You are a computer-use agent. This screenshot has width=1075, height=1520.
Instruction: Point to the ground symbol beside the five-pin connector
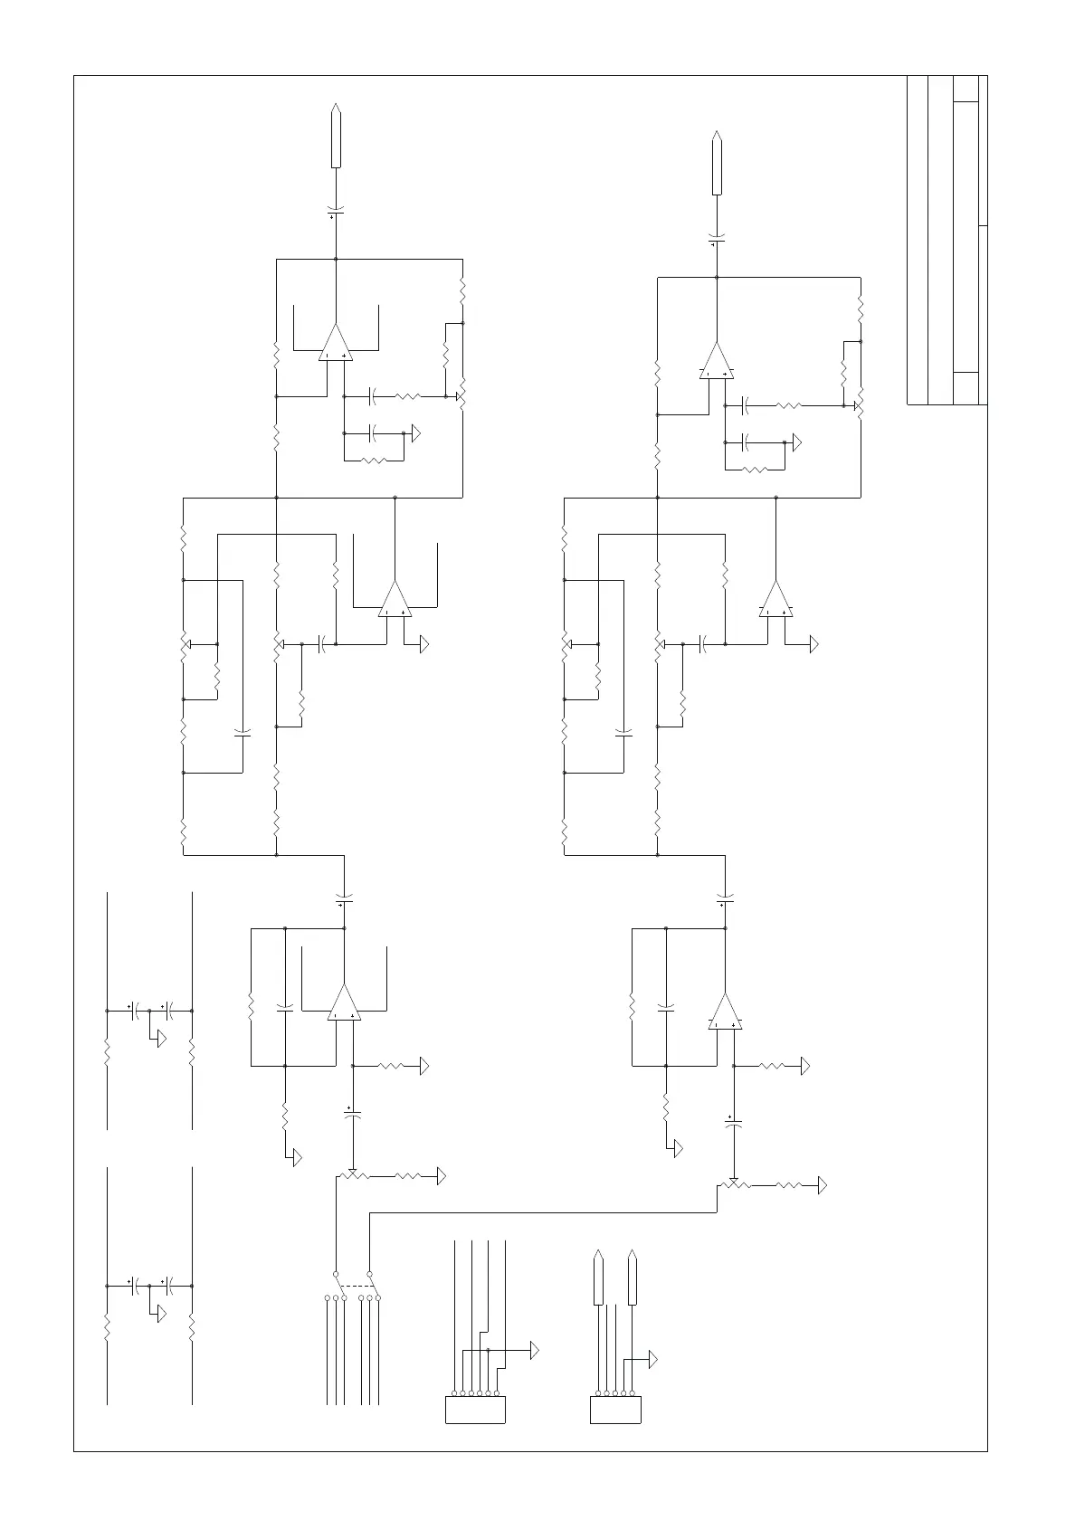[x=652, y=1359]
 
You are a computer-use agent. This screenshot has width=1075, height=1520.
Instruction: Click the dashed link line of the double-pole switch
[x=357, y=1286]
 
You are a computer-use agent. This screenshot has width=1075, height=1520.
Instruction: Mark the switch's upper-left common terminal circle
[x=336, y=1273]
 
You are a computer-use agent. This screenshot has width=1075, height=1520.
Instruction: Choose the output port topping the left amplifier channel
[x=336, y=136]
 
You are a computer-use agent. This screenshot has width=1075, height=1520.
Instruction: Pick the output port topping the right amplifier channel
[x=717, y=163]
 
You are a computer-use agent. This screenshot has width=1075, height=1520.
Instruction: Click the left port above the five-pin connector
[x=598, y=1278]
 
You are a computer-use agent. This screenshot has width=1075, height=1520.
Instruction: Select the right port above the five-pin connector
[x=633, y=1278]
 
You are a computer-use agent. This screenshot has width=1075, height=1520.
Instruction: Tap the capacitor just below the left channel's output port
[x=336, y=213]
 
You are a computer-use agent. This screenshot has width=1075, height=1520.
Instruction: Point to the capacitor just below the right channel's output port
[x=717, y=241]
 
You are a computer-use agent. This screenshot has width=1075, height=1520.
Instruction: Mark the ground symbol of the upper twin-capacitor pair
[x=161, y=1040]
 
